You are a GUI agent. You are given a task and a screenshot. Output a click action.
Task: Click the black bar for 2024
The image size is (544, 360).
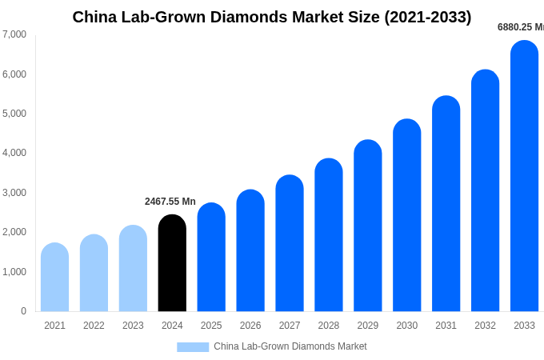click(172, 263)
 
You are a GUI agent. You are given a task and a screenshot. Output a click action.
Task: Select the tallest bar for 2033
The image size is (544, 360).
click(524, 176)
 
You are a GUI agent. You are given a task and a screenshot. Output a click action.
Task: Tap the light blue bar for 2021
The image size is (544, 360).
click(54, 278)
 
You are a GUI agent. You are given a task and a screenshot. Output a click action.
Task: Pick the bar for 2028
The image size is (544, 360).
click(329, 235)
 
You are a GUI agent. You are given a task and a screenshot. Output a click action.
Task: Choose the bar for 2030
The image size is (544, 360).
click(406, 215)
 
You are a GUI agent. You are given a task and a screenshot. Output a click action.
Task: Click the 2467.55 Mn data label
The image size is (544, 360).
click(170, 202)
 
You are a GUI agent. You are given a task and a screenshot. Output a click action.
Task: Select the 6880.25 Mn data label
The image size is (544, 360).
click(520, 27)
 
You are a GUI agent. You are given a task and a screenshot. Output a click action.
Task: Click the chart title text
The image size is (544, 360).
click(272, 17)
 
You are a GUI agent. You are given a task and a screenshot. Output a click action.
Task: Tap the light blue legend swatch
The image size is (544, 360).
click(193, 347)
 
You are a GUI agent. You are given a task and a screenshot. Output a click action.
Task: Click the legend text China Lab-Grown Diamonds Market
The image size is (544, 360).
click(290, 346)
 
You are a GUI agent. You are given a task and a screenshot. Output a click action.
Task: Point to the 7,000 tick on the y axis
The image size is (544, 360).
click(14, 34)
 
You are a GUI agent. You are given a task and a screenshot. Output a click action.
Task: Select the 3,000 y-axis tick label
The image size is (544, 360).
click(14, 193)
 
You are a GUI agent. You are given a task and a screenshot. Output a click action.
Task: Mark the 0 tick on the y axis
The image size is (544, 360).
click(23, 311)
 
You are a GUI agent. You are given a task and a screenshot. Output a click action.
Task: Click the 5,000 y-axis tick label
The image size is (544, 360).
click(14, 114)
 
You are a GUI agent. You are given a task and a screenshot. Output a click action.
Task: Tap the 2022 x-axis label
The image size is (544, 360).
click(94, 326)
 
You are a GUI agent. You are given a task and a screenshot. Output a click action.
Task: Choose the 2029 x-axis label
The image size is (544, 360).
click(368, 326)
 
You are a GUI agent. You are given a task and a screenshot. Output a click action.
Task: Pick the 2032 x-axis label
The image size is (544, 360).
click(485, 326)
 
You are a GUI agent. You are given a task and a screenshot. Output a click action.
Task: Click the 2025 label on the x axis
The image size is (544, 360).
click(211, 326)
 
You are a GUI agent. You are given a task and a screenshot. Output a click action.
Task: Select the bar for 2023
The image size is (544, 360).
click(133, 269)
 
